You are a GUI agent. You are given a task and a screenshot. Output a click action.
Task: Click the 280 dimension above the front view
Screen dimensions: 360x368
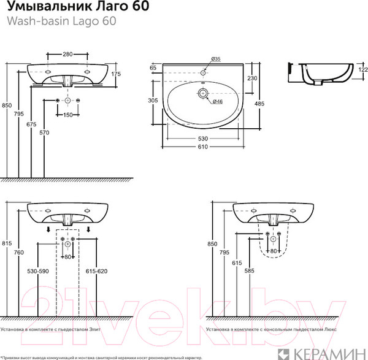point(68,54)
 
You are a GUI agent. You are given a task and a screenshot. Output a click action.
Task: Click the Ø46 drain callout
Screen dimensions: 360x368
point(215,101)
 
